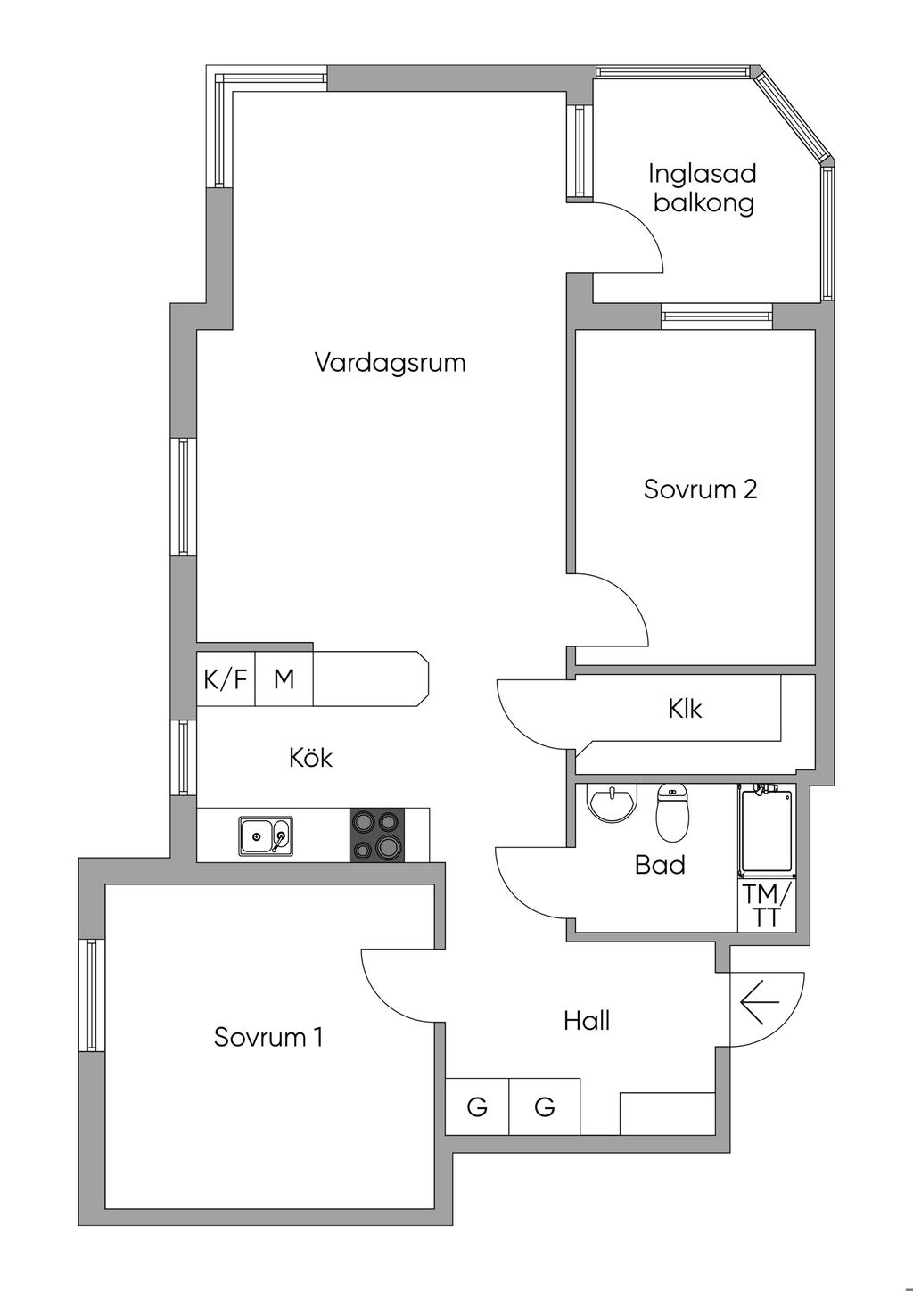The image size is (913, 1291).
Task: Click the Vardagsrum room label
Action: point(390,363)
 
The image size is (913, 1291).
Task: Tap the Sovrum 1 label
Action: point(267,1037)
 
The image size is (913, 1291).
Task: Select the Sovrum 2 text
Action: point(700,489)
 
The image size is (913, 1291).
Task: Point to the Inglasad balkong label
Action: point(703,187)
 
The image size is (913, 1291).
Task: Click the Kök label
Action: point(310,758)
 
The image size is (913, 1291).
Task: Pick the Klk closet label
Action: point(685,709)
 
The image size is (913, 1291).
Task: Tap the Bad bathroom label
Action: point(660,864)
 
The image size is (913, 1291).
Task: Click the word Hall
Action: point(586,1020)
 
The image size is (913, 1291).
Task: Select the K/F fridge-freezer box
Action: point(226,679)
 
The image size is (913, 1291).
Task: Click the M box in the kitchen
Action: point(284,679)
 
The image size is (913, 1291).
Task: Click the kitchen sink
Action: point(264,836)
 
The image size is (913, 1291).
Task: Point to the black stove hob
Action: point(376,835)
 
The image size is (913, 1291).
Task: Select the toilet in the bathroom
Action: point(672,811)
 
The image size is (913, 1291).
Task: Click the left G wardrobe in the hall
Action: point(477,1107)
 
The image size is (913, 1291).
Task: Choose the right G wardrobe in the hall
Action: point(544,1107)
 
